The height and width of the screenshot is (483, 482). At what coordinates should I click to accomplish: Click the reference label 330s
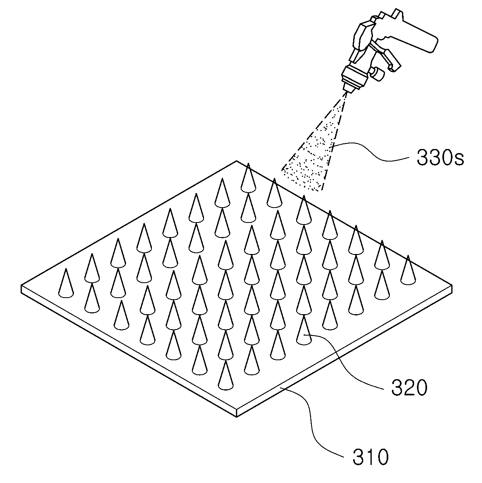[440, 158]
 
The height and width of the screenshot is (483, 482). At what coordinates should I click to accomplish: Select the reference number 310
[371, 457]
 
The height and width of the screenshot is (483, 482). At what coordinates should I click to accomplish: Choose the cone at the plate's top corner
[248, 178]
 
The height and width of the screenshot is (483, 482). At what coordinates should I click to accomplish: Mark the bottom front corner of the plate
[236, 416]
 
